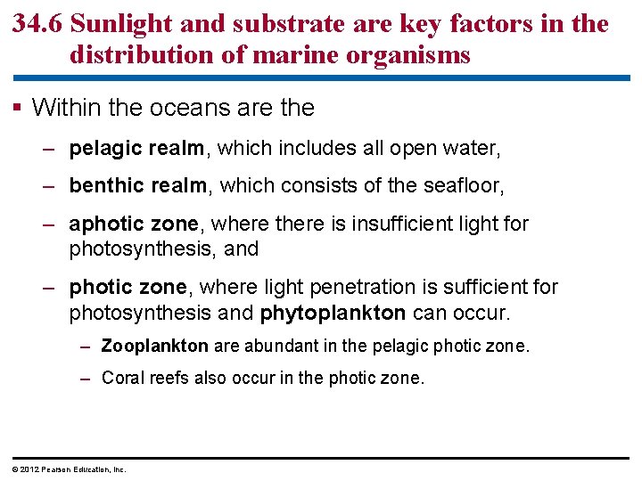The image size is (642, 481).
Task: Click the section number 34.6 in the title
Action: pos(37,23)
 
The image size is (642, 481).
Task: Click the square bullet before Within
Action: pos(18,109)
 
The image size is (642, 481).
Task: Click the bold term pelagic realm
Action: pos(136,148)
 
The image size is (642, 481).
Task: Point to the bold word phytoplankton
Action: pos(333,314)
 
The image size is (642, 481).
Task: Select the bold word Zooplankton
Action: pos(155,346)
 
